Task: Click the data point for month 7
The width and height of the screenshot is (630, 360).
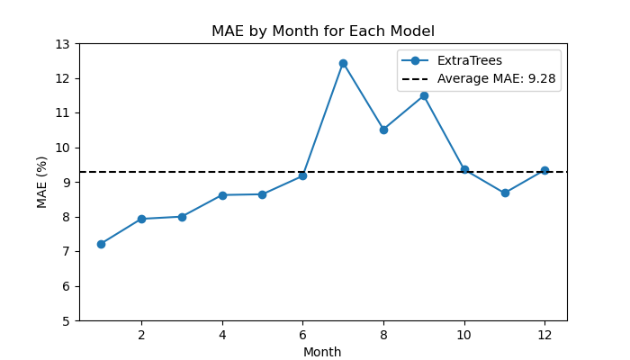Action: click(343, 64)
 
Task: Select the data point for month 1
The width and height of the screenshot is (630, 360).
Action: click(101, 244)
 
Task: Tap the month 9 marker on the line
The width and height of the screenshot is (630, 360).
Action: click(424, 96)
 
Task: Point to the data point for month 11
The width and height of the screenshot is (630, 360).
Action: click(505, 193)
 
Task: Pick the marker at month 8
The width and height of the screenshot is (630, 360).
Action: click(383, 130)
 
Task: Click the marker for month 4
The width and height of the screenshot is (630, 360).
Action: click(222, 195)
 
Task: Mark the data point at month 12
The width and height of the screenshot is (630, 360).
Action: click(544, 171)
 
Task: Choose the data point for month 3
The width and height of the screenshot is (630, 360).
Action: click(182, 218)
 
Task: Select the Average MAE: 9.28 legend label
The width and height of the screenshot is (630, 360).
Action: click(497, 79)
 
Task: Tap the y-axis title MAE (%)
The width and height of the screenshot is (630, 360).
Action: click(41, 183)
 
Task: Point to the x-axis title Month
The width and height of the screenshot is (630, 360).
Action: click(322, 352)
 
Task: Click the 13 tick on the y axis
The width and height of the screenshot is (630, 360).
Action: click(62, 44)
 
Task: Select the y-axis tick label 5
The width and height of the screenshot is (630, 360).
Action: click(66, 321)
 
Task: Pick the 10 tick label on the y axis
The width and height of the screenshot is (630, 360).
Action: click(62, 148)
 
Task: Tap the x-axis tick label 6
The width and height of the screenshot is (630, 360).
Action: click(302, 335)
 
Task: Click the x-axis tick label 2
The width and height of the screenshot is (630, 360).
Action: click(141, 335)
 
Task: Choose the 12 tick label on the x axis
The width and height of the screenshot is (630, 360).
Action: click(544, 335)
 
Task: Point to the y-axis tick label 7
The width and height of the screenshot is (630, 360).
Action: click(66, 252)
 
